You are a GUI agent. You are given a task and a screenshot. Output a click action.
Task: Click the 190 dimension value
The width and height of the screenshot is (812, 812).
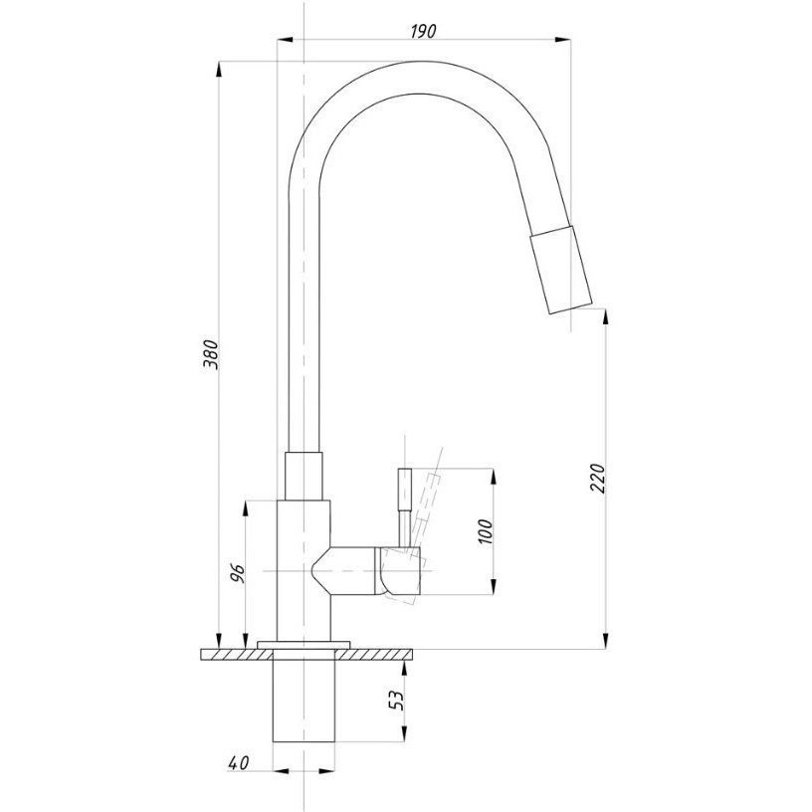[423, 31]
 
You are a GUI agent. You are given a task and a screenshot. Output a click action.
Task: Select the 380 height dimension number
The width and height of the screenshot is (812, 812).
[211, 354]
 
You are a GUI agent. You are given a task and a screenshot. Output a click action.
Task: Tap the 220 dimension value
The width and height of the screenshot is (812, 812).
[598, 478]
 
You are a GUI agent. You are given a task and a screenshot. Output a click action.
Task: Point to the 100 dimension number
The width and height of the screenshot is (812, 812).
[486, 531]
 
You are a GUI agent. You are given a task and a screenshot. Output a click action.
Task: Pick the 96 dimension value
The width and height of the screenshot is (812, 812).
[238, 574]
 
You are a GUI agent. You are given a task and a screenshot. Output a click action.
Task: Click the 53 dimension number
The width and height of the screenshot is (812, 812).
[396, 701]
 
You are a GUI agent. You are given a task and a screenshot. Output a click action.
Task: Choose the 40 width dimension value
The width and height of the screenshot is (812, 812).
[238, 763]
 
